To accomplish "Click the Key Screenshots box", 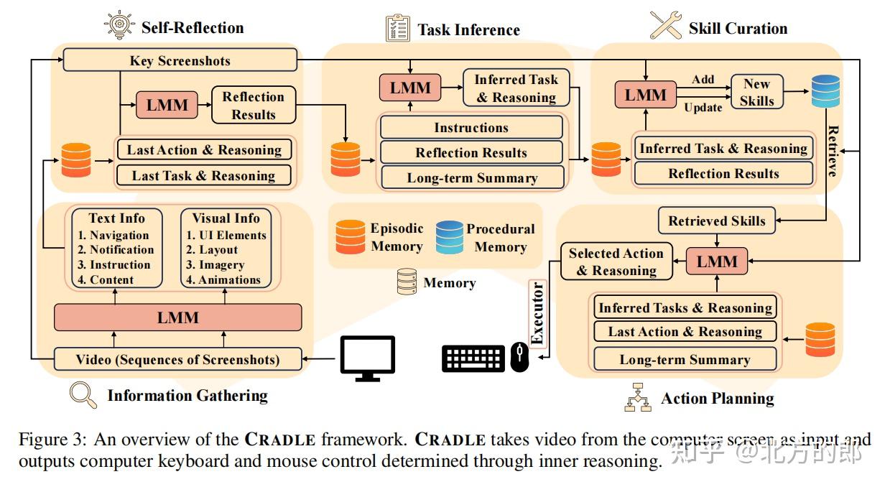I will click(x=180, y=60).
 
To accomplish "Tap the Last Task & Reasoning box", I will click(x=204, y=176).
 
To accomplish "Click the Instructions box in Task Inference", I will click(x=471, y=128).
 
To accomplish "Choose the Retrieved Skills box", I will click(x=717, y=221).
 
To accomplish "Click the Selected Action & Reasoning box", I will click(x=616, y=262).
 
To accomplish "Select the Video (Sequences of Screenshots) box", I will click(x=178, y=359).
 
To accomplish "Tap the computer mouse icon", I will click(x=519, y=358).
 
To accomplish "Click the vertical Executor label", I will click(x=538, y=315).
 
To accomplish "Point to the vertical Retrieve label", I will click(x=833, y=151).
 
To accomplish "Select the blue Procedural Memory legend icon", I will click(x=449, y=238).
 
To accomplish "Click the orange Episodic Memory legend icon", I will click(x=351, y=238).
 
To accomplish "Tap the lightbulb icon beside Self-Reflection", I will click(x=118, y=26).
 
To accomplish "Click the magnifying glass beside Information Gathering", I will click(x=82, y=394).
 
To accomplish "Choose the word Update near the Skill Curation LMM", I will click(x=703, y=108).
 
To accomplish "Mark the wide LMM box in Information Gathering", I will click(x=178, y=317).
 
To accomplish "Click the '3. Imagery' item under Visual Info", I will click(x=216, y=265).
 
